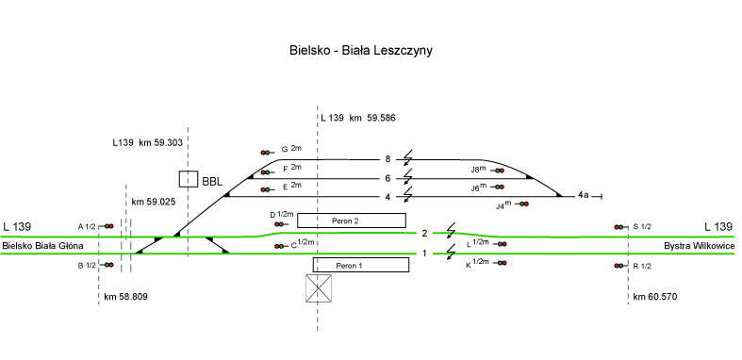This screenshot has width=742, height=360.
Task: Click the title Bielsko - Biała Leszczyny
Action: (x=360, y=51)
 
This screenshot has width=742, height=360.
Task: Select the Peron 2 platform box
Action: (x=351, y=221)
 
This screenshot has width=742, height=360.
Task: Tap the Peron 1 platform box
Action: (x=360, y=265)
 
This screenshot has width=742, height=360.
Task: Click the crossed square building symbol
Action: (x=319, y=287)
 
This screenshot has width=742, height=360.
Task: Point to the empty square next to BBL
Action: (x=189, y=179)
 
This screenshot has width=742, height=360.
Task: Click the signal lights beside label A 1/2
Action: (x=108, y=226)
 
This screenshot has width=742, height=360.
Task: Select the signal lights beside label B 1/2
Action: (x=108, y=265)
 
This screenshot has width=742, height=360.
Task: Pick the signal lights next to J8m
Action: (x=500, y=171)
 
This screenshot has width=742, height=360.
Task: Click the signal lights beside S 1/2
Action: (x=619, y=227)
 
